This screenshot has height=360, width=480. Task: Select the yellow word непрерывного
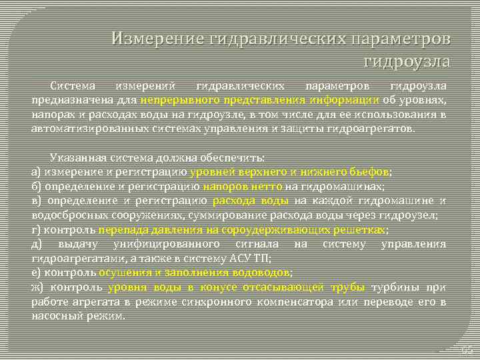[x=177, y=99]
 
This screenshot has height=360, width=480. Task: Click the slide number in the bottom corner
[x=466, y=349]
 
